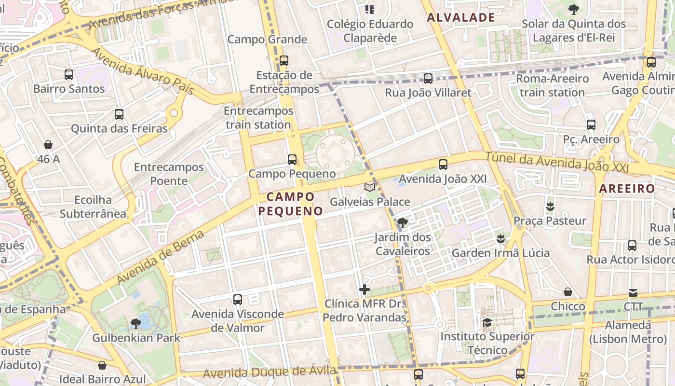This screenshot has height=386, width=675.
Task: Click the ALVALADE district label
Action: [461, 18]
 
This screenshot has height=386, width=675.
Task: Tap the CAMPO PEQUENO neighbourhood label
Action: [290, 204]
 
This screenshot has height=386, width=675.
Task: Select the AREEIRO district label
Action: [627, 189]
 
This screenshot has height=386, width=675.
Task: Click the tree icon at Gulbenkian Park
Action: [136, 323]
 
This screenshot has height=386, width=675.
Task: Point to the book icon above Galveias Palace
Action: [370, 187]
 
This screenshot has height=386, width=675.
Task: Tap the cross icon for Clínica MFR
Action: [364, 289]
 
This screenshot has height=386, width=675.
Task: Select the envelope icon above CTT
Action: [633, 292]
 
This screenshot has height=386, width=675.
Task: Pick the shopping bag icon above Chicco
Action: [568, 292]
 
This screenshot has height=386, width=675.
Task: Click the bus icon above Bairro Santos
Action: [69, 75]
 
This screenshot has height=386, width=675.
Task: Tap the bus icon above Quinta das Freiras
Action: [119, 114]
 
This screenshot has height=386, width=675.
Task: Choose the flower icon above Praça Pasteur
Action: [550, 207]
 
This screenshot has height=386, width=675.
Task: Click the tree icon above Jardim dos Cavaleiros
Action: [402, 223]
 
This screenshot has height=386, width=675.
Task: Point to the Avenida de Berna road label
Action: [161, 257]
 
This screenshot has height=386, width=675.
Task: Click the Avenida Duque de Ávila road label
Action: [269, 372]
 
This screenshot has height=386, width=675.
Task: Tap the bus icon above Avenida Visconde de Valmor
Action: [238, 300]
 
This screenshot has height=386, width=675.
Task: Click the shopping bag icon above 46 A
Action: [48, 144]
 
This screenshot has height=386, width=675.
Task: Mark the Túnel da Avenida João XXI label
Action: [557, 162]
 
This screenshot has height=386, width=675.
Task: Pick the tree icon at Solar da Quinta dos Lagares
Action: [573, 9]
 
